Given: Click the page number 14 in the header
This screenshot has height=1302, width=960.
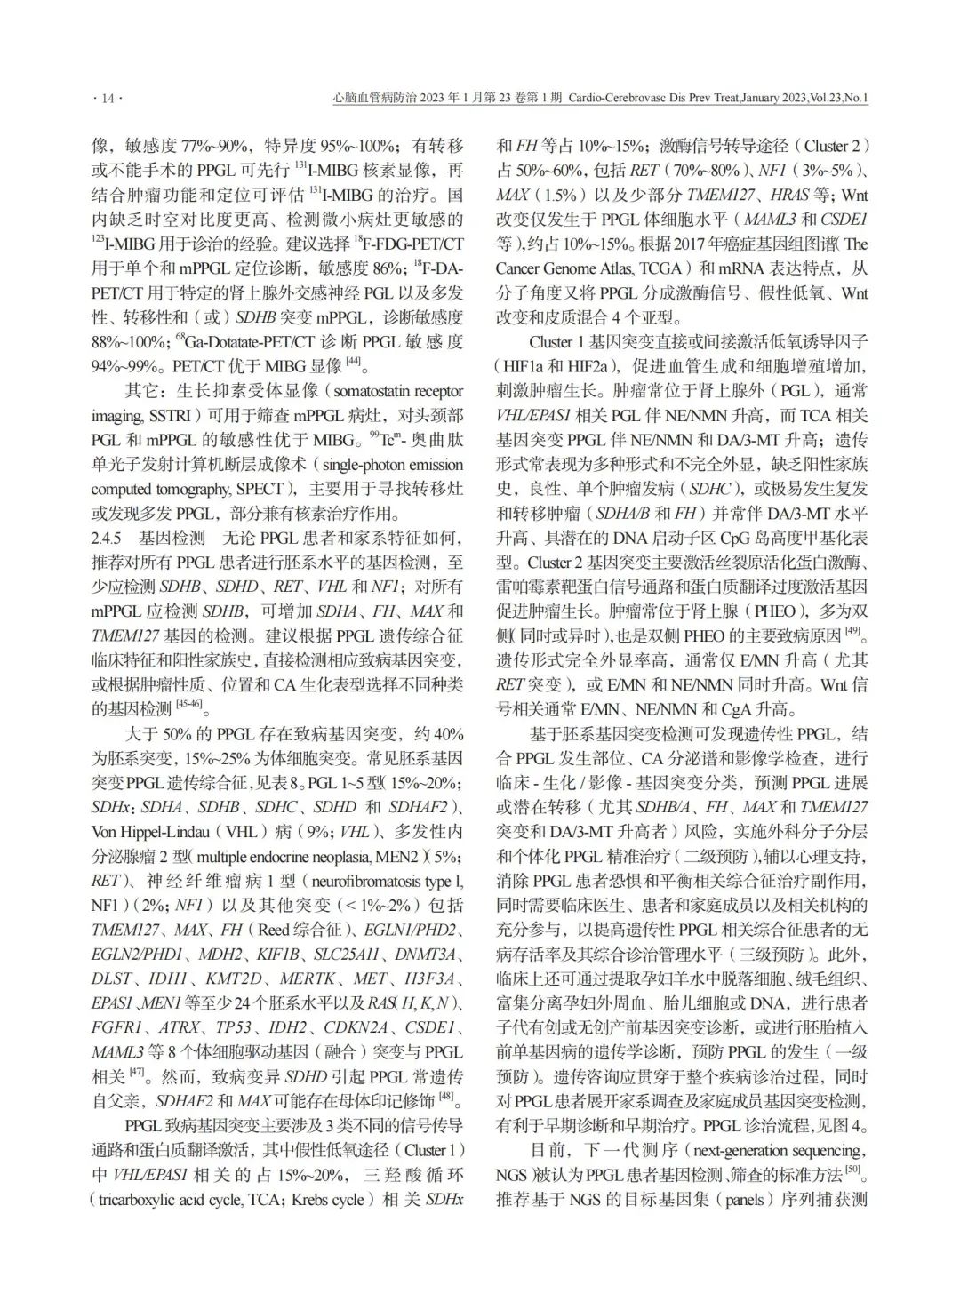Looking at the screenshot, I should click(x=107, y=99).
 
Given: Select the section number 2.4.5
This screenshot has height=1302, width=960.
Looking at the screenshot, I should click(x=109, y=538).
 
